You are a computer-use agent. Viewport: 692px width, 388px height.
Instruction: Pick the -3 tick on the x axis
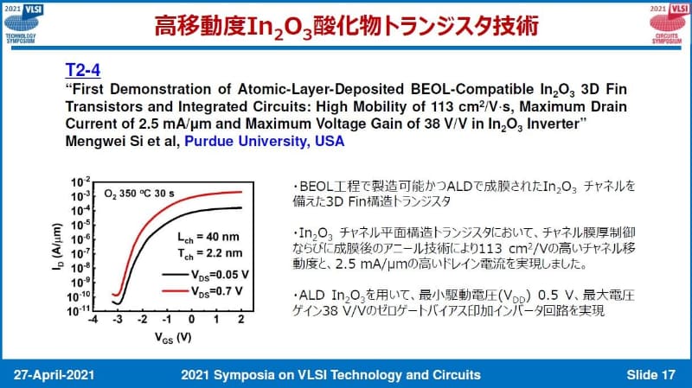pyautogui.click(x=119, y=320)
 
